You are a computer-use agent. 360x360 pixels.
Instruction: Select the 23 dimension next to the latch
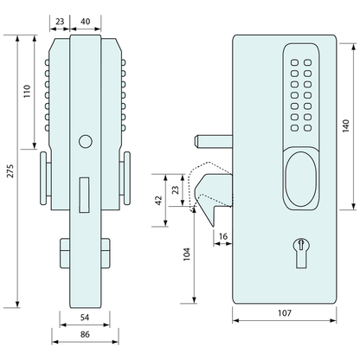point(176,190)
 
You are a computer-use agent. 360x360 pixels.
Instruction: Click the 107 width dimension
point(282,312)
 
